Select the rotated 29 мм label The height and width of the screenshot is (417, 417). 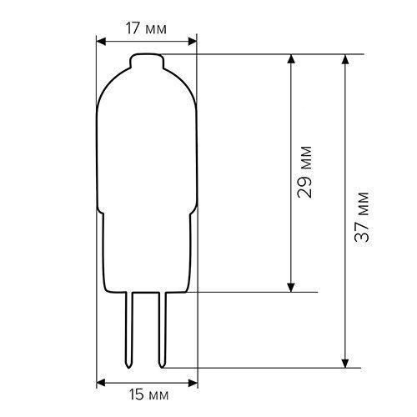[305, 174]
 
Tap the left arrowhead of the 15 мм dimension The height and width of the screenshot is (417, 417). [100, 383]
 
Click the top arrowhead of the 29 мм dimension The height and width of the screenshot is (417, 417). [291, 61]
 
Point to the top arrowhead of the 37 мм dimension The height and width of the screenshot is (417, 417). [345, 61]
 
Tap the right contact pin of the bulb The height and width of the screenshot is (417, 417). [163, 329]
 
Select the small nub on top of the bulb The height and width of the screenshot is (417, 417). [146, 60]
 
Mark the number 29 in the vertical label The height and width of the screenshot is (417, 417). [305, 188]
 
